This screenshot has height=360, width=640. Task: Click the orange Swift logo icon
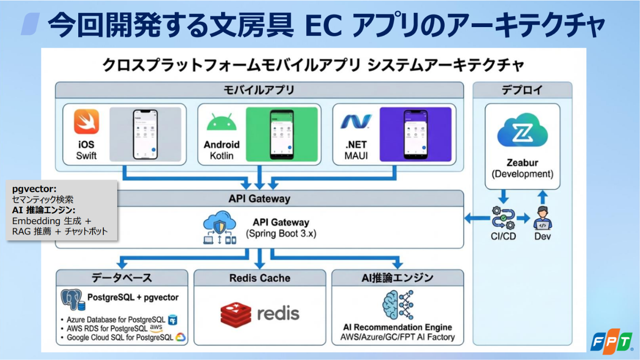(x=86, y=122)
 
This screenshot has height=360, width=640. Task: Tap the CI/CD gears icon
(x=503, y=218)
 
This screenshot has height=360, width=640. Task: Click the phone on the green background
(x=281, y=135)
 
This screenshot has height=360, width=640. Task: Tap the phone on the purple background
(x=415, y=135)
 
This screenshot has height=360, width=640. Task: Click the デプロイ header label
(x=522, y=90)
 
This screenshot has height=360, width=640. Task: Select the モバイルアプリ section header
(x=259, y=90)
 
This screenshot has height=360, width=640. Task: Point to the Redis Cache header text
(x=259, y=278)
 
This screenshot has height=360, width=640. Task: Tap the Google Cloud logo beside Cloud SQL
(x=179, y=338)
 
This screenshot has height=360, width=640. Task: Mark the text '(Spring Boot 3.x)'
(x=281, y=234)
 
